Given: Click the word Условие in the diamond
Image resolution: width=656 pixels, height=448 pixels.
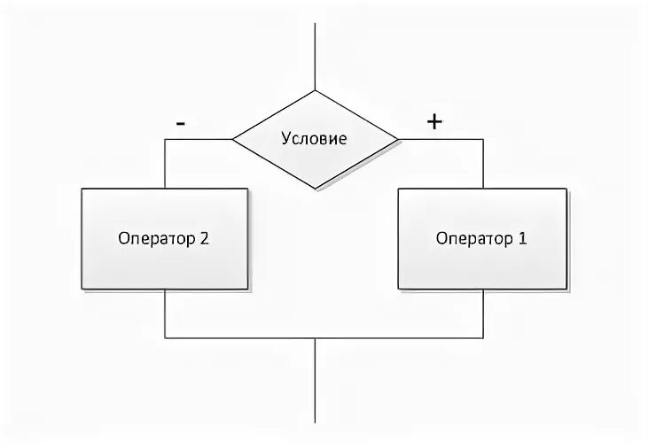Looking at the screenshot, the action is [315, 139].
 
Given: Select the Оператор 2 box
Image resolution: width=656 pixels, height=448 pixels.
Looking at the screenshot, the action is [165, 238].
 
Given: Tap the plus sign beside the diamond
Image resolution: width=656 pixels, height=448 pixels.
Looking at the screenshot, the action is [434, 123].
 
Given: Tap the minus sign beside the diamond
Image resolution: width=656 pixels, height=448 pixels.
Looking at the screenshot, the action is [181, 124].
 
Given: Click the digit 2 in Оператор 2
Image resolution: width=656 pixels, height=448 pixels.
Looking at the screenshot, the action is [206, 238].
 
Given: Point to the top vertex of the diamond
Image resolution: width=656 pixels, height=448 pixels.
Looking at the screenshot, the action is [316, 90].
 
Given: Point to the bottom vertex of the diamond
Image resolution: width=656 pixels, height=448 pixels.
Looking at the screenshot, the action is [316, 189].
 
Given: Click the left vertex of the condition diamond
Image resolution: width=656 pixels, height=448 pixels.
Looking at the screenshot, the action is [233, 139].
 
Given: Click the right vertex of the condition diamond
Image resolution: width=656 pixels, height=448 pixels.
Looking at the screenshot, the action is [398, 139].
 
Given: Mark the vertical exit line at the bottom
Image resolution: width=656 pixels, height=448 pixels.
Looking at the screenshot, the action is [316, 381].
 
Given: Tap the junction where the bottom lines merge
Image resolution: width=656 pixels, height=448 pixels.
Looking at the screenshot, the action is [316, 337].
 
